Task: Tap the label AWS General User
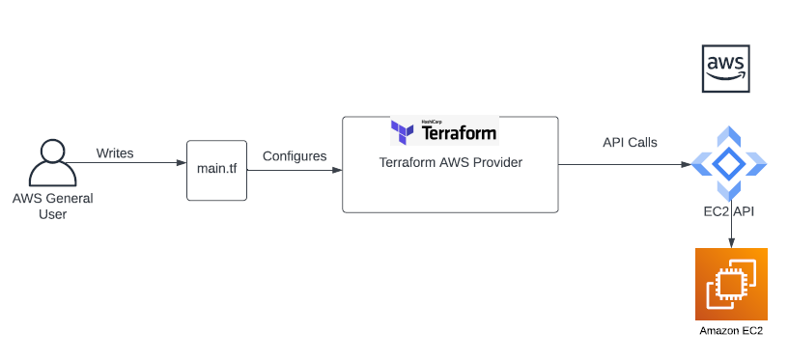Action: [52, 207]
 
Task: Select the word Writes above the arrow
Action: [115, 153]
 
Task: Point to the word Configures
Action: [295, 155]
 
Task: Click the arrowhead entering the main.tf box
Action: [182, 165]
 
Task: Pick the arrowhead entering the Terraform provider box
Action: [338, 171]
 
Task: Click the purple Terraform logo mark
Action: [405, 131]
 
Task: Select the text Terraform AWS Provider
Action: [450, 163]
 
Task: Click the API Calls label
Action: [630, 143]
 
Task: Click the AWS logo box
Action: [726, 68]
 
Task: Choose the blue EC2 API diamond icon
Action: [731, 164]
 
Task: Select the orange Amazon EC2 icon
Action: [731, 284]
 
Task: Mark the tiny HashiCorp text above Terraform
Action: [432, 122]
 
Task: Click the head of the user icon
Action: [52, 152]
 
